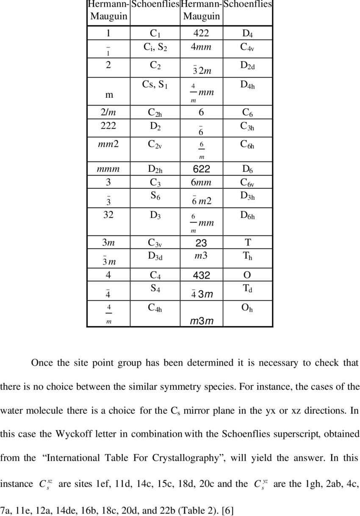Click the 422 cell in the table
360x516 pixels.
click(x=201, y=33)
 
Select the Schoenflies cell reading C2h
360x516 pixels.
click(x=155, y=112)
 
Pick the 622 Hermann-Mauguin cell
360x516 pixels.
click(x=201, y=169)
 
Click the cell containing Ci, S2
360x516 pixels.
click(x=155, y=48)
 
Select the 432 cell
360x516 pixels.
click(x=201, y=275)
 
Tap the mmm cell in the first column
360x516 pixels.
click(x=108, y=169)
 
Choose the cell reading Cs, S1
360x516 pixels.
click(x=155, y=85)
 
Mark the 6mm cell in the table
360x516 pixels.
click(x=201, y=183)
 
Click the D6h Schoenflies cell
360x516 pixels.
click(x=247, y=215)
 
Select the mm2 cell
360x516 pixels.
click(x=108, y=144)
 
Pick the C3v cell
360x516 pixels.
click(x=155, y=243)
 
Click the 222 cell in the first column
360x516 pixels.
click(x=108, y=126)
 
